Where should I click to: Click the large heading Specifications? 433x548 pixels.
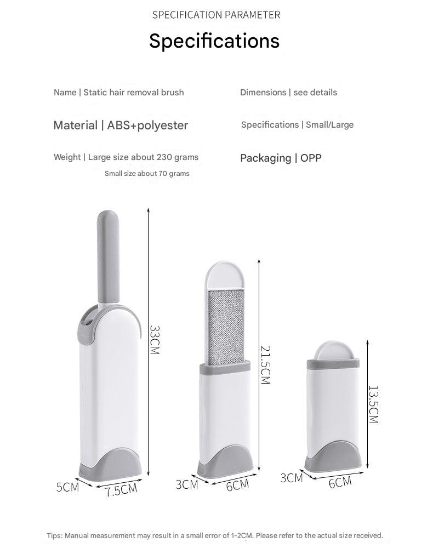pos(214,41)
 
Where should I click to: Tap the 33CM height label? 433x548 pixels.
pos(155,340)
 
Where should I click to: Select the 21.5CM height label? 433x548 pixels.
pos(266,365)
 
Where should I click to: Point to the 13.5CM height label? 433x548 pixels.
pos(374,404)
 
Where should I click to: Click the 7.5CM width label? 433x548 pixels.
pos(121,489)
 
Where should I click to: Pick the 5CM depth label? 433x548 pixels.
pos(67,487)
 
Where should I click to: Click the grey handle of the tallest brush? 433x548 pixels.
pos(108,257)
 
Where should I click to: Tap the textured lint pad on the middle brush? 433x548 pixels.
pos(226,327)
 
